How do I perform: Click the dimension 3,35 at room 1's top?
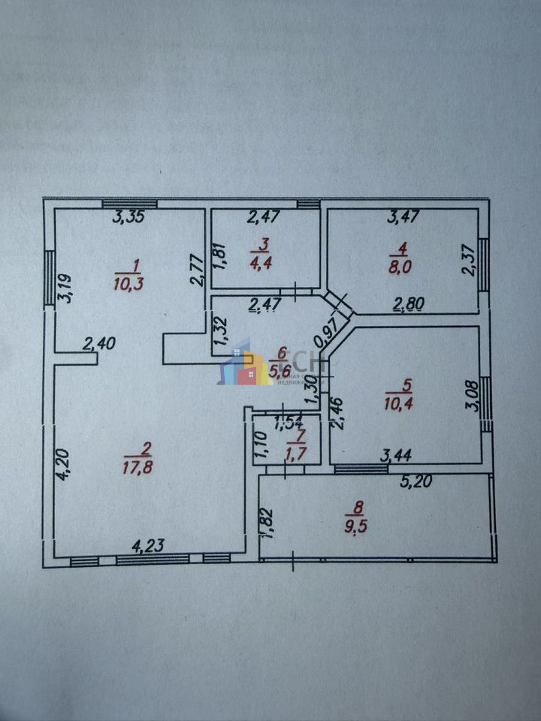pos(128,219)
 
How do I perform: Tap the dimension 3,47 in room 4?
pos(403,219)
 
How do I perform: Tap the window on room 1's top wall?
pos(129,204)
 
